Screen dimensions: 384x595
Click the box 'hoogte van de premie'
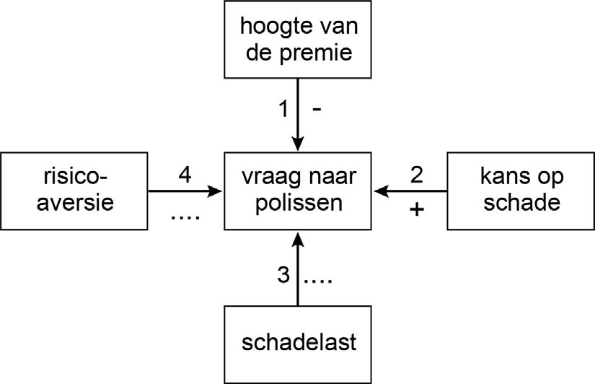299,40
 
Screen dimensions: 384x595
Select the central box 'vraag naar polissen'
299,191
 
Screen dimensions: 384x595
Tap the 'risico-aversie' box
74,191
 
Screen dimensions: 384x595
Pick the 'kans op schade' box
520,191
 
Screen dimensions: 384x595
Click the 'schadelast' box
299,342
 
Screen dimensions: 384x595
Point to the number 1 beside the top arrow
284,110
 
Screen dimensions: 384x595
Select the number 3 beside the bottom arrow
283,276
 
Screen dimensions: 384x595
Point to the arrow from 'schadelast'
299,267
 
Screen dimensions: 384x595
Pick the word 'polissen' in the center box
299,203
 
